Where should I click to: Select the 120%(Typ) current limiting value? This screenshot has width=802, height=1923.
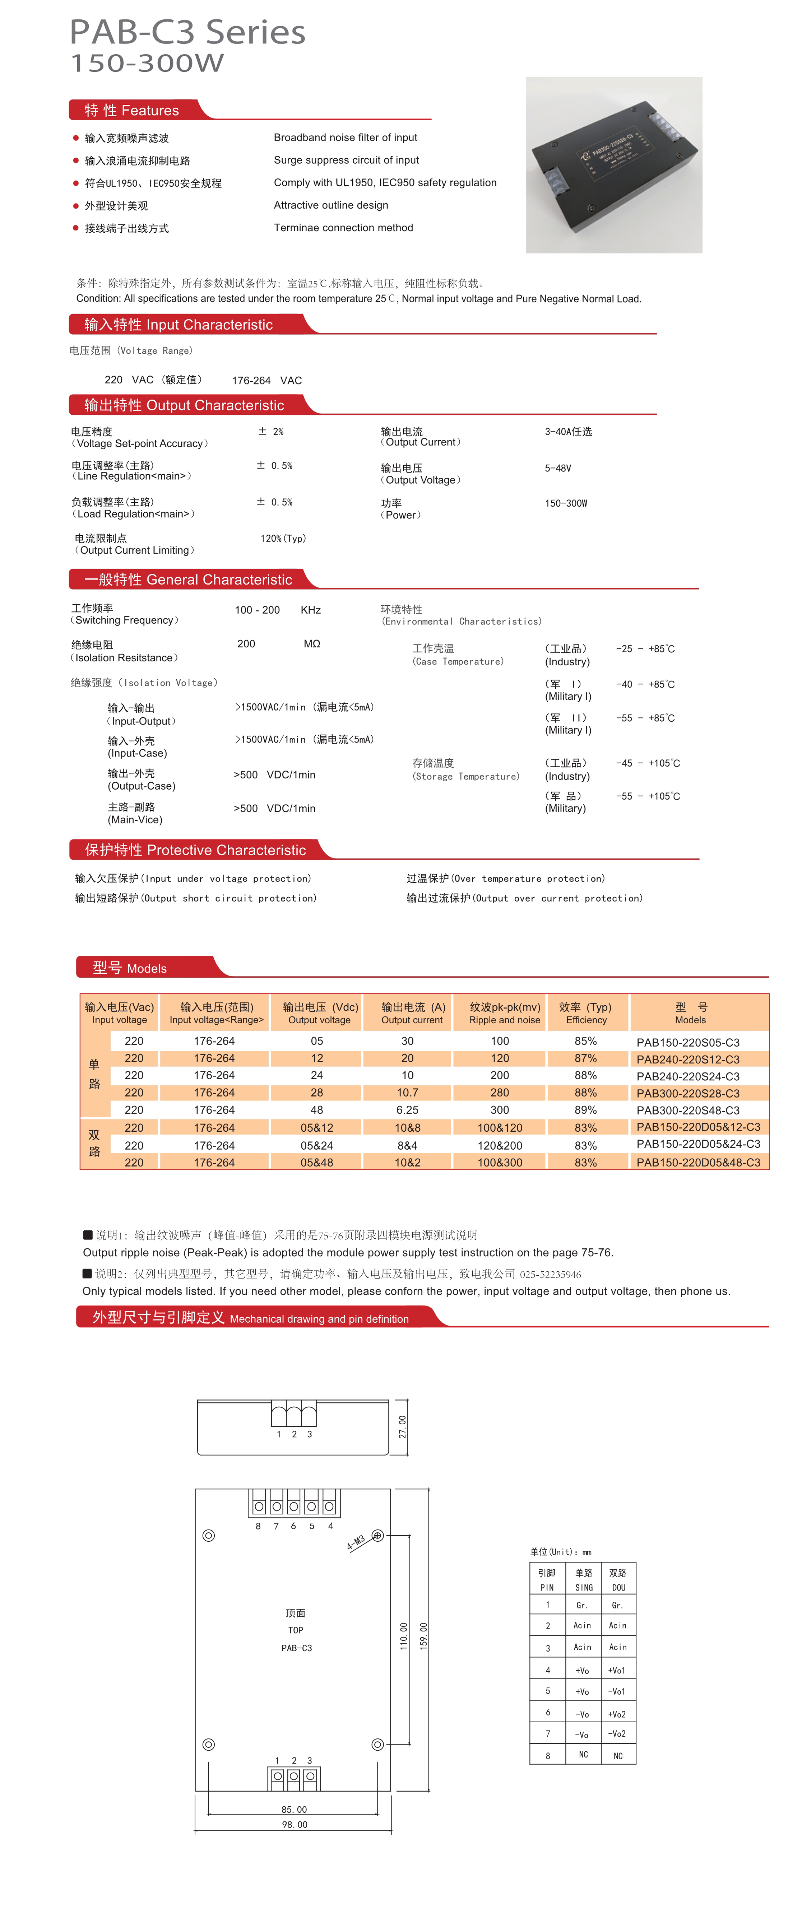click(283, 538)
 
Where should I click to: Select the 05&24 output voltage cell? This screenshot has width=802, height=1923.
click(317, 1145)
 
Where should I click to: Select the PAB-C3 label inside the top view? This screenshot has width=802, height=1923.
click(296, 1648)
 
